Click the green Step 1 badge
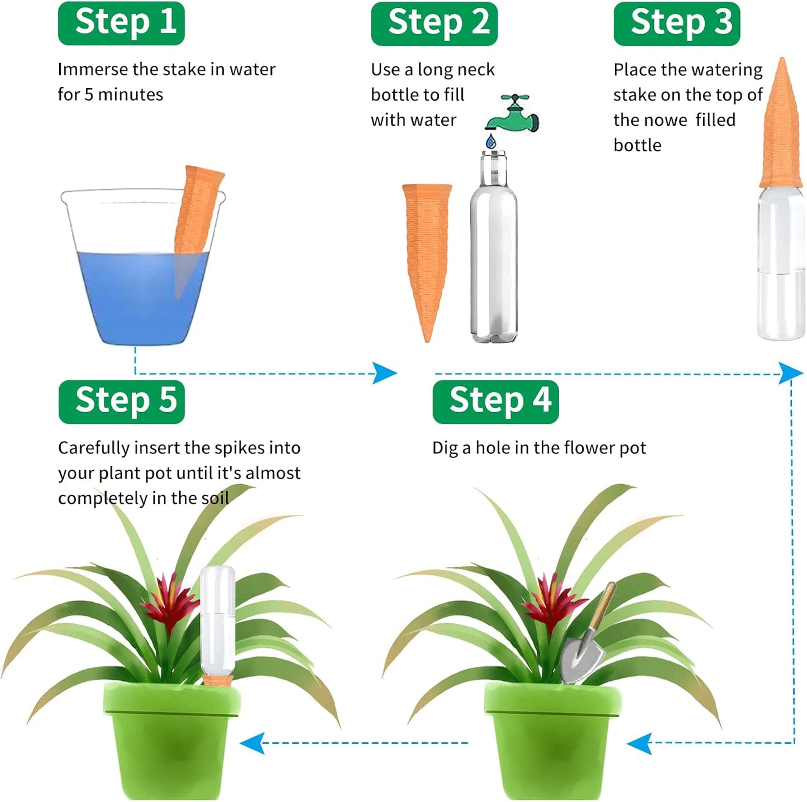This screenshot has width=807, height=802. pos(121,23)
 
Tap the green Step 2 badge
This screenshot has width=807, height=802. pos(434,23)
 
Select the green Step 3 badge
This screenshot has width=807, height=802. pos(676,23)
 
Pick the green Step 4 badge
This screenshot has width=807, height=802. pos(495,401)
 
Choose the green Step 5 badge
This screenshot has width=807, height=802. pos(121,401)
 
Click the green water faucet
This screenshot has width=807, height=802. pos(513,114)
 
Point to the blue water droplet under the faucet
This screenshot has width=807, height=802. pos(491,141)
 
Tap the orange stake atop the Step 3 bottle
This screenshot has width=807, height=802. pos(782,128)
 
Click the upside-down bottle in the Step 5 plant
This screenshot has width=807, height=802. pos(218,620)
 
